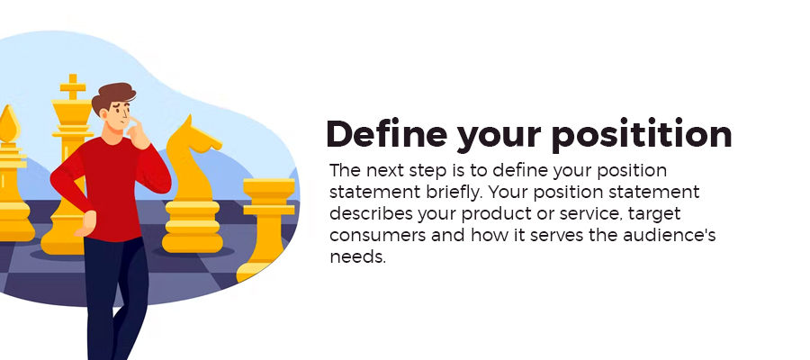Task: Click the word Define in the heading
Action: click(x=386, y=134)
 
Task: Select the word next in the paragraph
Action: click(x=392, y=171)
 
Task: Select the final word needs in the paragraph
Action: click(x=358, y=257)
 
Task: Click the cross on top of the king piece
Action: click(x=72, y=86)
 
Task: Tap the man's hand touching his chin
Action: click(x=138, y=133)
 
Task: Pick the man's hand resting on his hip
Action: click(x=85, y=223)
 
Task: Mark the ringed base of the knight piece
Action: click(x=193, y=226)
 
